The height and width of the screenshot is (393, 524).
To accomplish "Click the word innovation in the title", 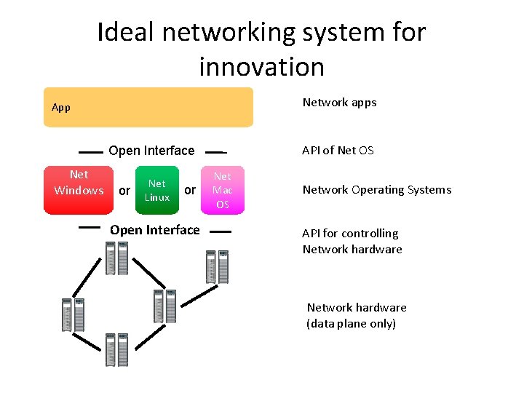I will pyautogui.click(x=261, y=66).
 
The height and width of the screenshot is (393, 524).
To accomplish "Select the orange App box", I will pyautogui.click(x=148, y=108).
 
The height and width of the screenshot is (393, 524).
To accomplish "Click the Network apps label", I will pyautogui.click(x=339, y=102).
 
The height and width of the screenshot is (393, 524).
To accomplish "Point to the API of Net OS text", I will pyautogui.click(x=338, y=150).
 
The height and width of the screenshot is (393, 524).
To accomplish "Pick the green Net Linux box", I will pyautogui.click(x=157, y=191).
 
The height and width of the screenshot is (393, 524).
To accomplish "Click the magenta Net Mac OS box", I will pyautogui.click(x=223, y=190).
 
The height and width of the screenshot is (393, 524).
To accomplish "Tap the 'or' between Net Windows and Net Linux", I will pyautogui.click(x=124, y=191).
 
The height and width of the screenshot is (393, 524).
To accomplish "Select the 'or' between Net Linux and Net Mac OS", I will pyautogui.click(x=190, y=190).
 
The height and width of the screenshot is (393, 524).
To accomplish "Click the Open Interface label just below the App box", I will pyautogui.click(x=151, y=151).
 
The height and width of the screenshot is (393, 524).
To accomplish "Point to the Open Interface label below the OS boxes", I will pyautogui.click(x=154, y=230).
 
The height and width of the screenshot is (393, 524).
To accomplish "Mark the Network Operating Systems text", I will pyautogui.click(x=377, y=190).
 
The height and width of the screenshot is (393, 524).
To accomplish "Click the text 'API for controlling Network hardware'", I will pyautogui.click(x=352, y=241).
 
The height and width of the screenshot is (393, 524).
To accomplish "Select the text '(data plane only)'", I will pyautogui.click(x=351, y=323).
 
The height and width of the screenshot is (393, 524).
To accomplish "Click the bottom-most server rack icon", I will pyautogui.click(x=116, y=350).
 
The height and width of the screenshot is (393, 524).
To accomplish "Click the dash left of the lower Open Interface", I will pyautogui.click(x=89, y=227).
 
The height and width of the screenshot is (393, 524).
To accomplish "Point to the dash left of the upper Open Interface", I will pyautogui.click(x=90, y=153).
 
